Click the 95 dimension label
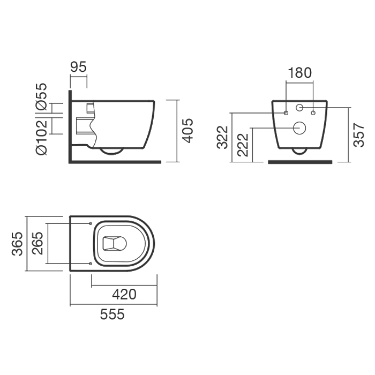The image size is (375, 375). coord(78,67)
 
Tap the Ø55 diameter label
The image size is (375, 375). coord(41,97)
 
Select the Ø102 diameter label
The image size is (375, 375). coord(41,138)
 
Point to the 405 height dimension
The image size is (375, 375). coord(187,131)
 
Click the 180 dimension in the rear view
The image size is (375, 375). coord(299,73)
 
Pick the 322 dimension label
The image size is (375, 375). coord(222,137)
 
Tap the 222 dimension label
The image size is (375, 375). coord(243,145)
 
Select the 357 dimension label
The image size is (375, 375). coord(359,135)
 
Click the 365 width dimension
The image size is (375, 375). coord(17,244)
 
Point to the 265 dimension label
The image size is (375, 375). coord(38,243)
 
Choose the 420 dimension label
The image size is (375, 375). coord(124,295)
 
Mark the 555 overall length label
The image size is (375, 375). coord(112,314)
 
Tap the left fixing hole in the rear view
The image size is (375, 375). coord(286,113)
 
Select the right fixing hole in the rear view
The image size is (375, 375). coord(313,113)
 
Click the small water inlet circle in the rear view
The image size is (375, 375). coord(299,108)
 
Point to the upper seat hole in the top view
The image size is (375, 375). coord(91,223)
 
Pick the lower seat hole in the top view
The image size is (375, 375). coord(91,264)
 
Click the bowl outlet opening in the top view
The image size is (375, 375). coord(115,244)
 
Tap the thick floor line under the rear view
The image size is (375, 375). coord(300,162)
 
